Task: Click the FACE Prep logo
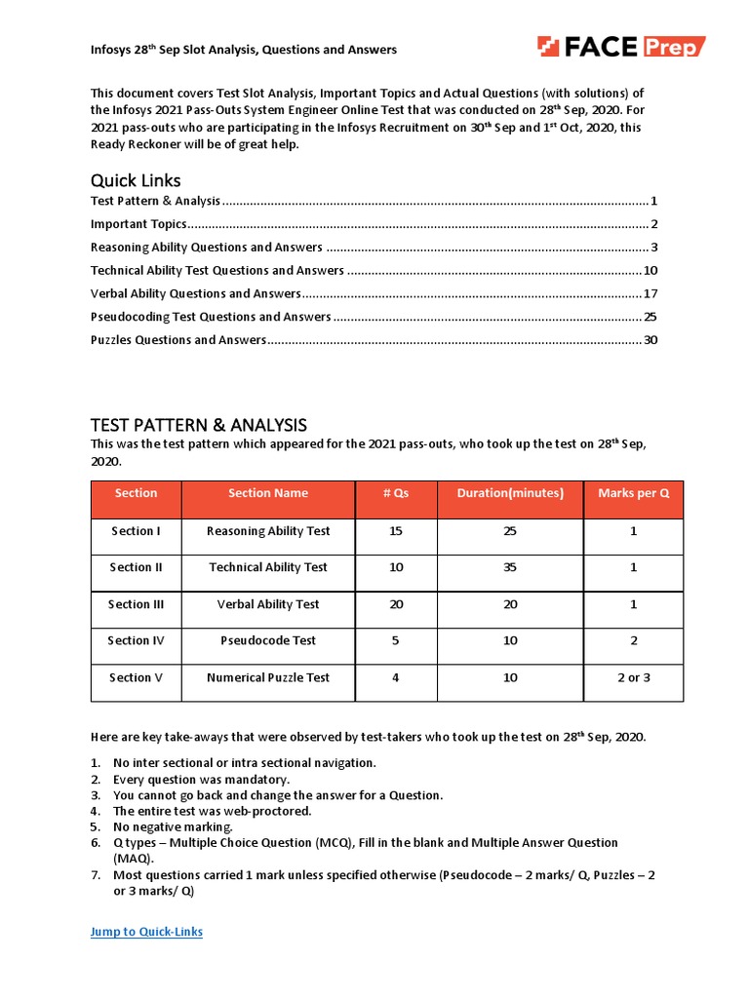(621, 46)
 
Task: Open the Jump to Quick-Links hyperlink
(146, 932)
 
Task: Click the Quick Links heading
(136, 180)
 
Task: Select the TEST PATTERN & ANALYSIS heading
(198, 425)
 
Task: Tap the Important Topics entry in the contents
(138, 224)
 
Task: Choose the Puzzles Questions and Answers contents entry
(177, 340)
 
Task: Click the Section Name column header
(268, 493)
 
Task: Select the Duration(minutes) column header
(510, 493)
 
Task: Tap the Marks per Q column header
(633, 493)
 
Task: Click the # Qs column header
(396, 493)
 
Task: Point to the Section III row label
(136, 604)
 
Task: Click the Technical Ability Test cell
(268, 567)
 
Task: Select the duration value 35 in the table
(510, 567)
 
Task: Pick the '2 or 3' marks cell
(633, 678)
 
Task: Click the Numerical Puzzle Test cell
(268, 678)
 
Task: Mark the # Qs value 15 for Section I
(396, 531)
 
